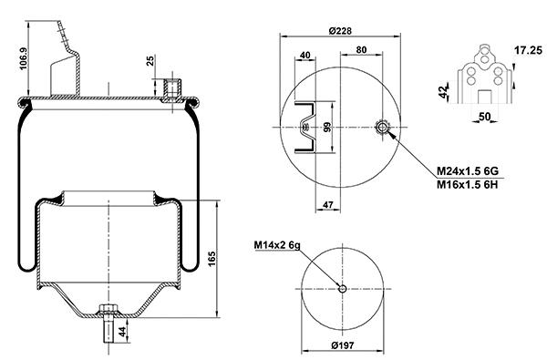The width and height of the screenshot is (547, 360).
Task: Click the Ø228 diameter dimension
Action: (x=339, y=30)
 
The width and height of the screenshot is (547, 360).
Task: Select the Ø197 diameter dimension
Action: (x=342, y=345)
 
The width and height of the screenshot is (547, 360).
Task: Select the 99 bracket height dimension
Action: (x=325, y=127)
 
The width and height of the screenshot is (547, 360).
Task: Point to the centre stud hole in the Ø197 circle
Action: (x=341, y=289)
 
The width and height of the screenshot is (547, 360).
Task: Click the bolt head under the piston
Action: (x=108, y=310)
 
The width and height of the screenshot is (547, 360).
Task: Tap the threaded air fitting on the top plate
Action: (x=170, y=89)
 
